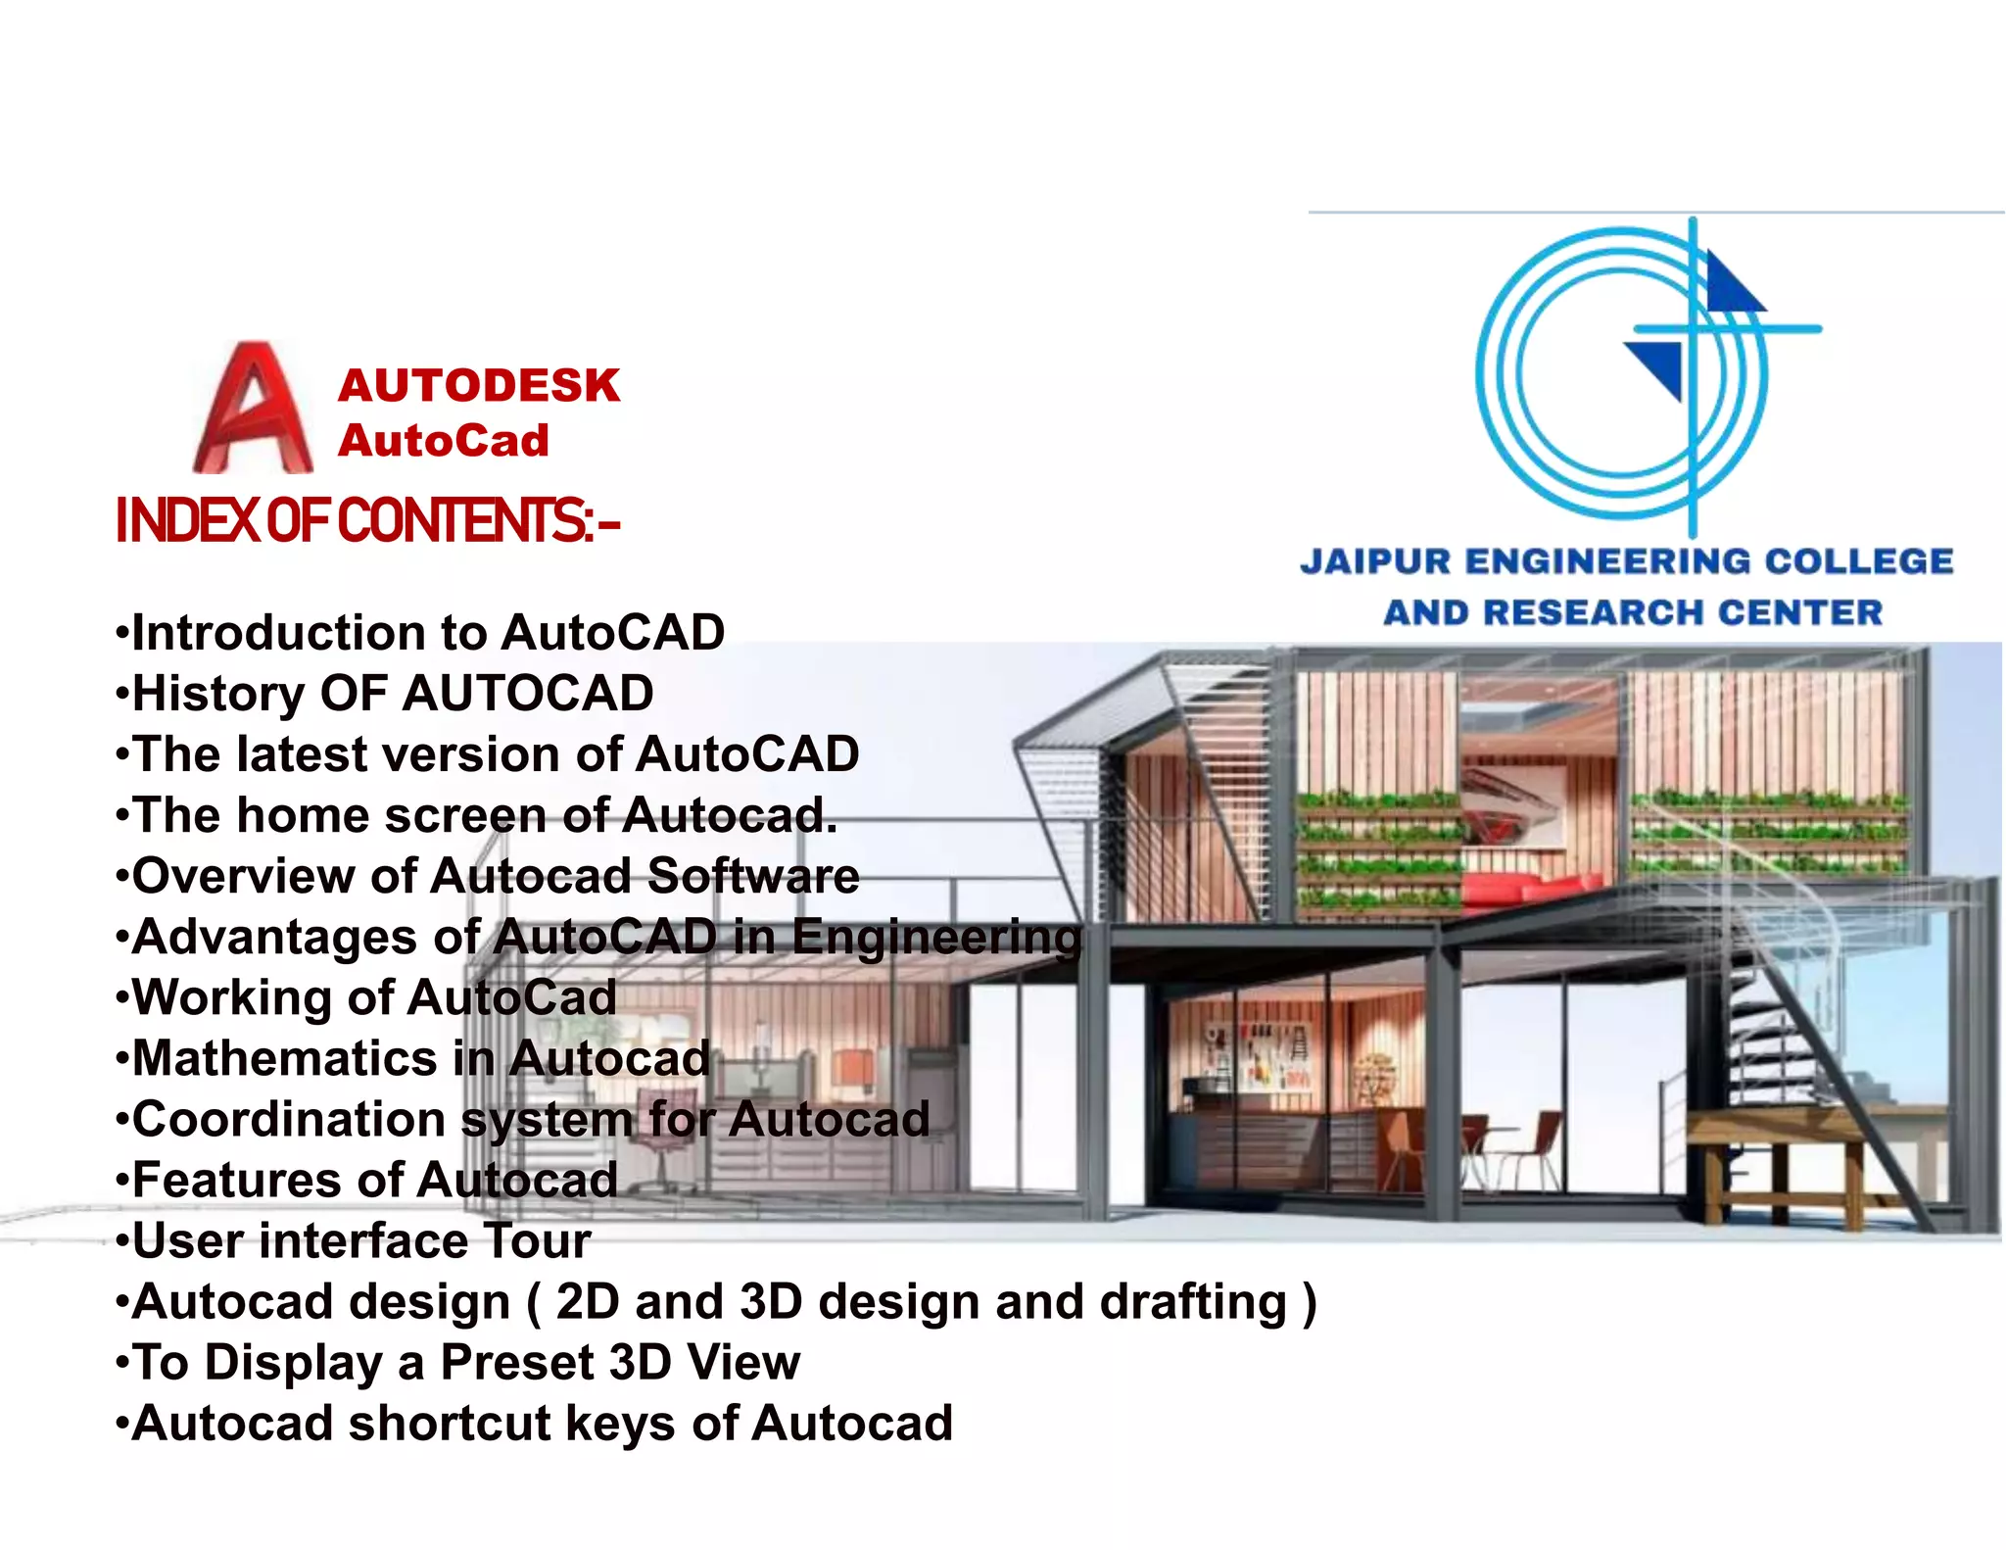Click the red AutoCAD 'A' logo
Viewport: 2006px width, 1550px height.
(x=254, y=410)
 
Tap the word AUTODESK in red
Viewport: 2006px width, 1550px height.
(x=479, y=385)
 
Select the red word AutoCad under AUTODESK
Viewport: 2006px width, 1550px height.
(x=444, y=440)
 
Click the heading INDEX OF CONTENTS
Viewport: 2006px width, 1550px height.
(x=367, y=520)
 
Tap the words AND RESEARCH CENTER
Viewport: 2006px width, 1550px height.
(x=1633, y=612)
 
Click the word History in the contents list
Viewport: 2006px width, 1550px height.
(x=218, y=694)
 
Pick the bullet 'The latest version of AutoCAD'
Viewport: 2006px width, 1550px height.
(x=488, y=754)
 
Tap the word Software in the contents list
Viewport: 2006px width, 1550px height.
(x=753, y=876)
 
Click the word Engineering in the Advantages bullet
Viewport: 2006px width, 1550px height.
(x=936, y=937)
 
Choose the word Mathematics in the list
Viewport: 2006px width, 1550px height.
(x=285, y=1058)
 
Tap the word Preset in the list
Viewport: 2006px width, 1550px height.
(x=516, y=1363)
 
